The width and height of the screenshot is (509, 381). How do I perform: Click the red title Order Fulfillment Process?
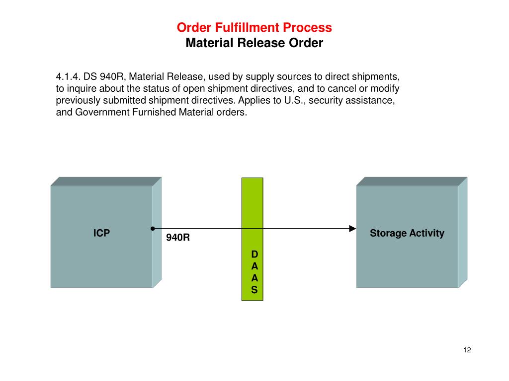[254, 27]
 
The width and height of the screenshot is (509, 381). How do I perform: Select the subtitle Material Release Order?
[254, 43]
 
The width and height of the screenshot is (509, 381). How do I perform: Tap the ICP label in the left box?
[101, 233]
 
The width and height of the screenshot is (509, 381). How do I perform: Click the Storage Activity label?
[407, 233]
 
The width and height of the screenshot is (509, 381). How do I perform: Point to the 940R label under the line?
[178, 238]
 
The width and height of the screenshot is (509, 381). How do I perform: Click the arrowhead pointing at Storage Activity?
[352, 229]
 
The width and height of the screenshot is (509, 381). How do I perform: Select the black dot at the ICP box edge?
[152, 229]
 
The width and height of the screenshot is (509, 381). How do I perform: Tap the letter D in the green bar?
[254, 254]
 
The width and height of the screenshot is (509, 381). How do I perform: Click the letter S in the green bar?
[254, 290]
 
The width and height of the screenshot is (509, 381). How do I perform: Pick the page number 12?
[467, 350]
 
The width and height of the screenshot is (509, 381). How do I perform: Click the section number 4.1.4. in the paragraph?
[68, 77]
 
